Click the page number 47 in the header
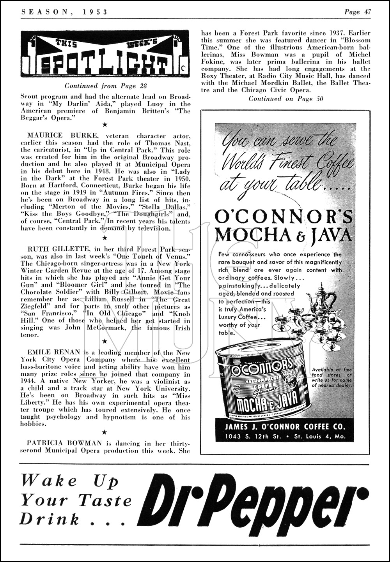tap(367, 12)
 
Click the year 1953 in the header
tap(96, 12)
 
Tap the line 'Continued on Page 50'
tap(286, 99)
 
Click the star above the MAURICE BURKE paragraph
tap(104, 125)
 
